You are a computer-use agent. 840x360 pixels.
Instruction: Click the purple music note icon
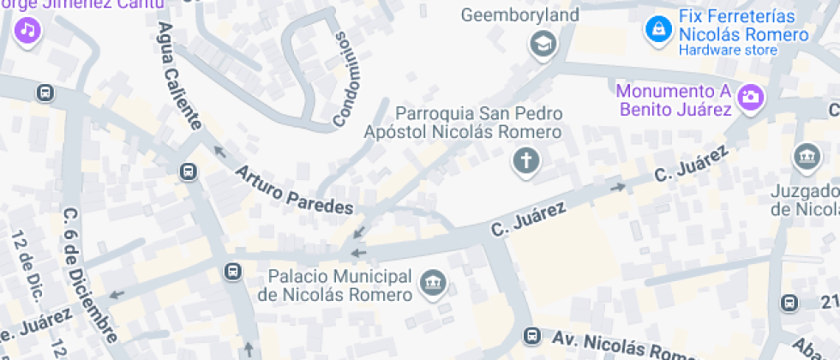tap(28, 32)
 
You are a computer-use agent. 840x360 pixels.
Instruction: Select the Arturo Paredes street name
tap(294, 189)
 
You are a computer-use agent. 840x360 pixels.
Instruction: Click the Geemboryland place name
tap(532, 15)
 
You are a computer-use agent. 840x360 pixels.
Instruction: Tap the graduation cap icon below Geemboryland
tap(542, 42)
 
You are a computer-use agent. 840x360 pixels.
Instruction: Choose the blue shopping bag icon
tap(657, 28)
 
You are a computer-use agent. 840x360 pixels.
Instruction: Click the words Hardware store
tap(728, 51)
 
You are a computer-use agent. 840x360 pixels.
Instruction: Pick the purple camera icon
tap(750, 96)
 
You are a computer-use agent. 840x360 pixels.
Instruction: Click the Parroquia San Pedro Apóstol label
tap(463, 123)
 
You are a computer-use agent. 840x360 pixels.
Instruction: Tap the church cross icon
tap(524, 159)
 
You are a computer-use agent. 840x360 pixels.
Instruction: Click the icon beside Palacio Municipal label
tap(431, 282)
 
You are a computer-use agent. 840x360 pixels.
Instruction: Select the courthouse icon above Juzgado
tap(807, 157)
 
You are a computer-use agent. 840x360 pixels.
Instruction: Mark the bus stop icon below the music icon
tap(44, 93)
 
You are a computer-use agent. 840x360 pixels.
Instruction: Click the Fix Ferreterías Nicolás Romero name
tap(743, 26)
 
